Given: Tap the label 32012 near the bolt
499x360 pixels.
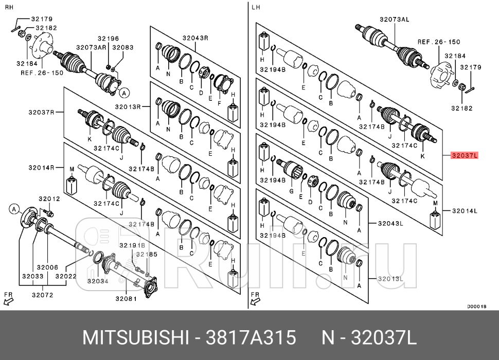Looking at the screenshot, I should click(50, 199).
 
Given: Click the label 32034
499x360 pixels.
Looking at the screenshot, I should click(98, 281).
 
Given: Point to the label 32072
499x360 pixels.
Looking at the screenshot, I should click(42, 295).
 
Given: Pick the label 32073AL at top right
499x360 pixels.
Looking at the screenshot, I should click(395, 19).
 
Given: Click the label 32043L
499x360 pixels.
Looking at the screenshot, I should click(390, 223).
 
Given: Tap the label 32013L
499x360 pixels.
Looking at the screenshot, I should click(390, 279).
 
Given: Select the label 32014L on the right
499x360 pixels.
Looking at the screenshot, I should click(465, 210).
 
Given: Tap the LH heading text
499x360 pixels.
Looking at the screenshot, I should click(256, 7).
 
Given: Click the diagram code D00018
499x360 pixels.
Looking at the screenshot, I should click(476, 306).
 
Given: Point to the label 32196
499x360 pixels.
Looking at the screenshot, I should click(109, 38).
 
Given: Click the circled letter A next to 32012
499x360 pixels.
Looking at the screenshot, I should click(15, 208).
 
